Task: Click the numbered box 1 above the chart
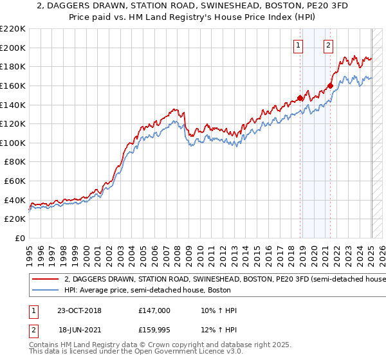click(x=299, y=45)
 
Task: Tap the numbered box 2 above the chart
click(x=329, y=45)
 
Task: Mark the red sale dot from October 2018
click(x=300, y=98)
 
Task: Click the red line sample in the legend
click(x=46, y=280)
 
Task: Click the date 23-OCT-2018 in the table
click(x=79, y=310)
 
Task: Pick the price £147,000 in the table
click(x=154, y=310)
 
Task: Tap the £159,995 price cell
click(x=154, y=330)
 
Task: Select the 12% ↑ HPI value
click(x=219, y=330)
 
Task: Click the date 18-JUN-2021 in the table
click(x=79, y=330)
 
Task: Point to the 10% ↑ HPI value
click(x=219, y=310)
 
